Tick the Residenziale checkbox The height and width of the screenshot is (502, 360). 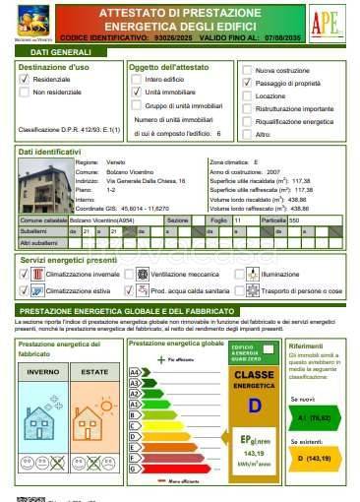tap(25, 78)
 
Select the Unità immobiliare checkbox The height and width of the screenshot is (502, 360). tap(136, 91)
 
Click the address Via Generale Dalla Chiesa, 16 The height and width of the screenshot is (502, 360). tap(147, 180)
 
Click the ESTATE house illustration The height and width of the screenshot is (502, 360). tap(95, 423)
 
